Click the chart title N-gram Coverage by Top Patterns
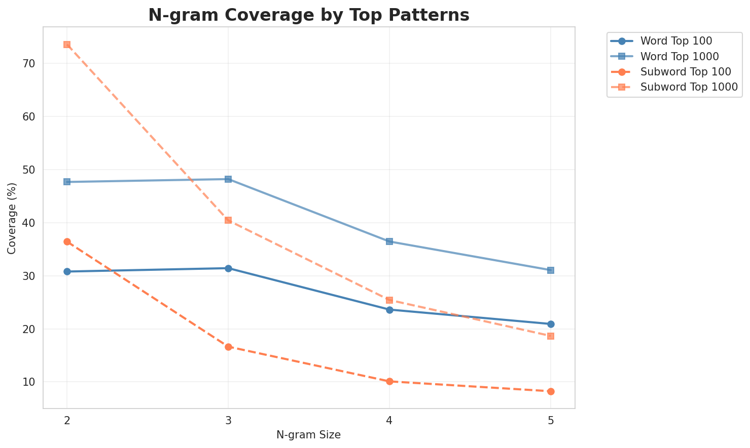[x=308, y=15]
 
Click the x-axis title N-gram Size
[x=308, y=435]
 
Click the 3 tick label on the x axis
[x=228, y=421]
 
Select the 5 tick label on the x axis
[x=551, y=421]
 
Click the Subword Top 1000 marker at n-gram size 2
[x=67, y=45]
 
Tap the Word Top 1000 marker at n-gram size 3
[x=228, y=179]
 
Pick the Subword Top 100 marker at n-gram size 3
[x=228, y=347]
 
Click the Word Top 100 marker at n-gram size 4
[x=389, y=310]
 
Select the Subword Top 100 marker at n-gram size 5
[x=551, y=391]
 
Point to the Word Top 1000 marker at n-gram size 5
[x=551, y=270]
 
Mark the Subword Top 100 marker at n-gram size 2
[x=67, y=241]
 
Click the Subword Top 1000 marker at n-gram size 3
[x=228, y=220]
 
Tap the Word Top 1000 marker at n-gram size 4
[x=389, y=241]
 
